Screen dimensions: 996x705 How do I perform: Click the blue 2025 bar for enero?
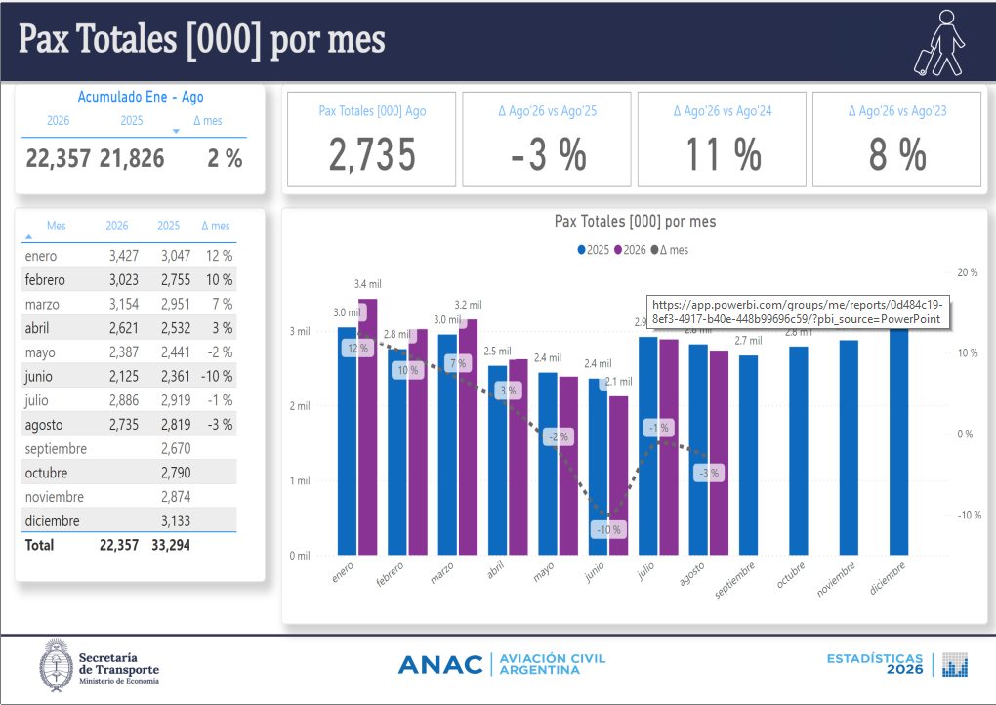coord(347,440)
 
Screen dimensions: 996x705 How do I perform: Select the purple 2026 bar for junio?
coord(619,476)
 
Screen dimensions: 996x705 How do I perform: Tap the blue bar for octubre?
coord(799,450)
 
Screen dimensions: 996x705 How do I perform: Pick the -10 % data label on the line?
coord(608,529)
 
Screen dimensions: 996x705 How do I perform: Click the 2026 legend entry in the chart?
coord(630,250)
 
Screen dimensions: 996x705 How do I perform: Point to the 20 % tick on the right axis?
coord(968,272)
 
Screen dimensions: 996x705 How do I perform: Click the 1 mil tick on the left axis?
coord(300,480)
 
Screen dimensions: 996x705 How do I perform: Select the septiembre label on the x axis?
coord(735,579)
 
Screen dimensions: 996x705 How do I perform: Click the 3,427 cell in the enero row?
coord(124,256)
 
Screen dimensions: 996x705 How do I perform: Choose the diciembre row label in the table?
coord(52,520)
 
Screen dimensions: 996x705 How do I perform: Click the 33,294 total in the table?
coord(171,545)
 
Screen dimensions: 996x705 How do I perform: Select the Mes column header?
coord(56,226)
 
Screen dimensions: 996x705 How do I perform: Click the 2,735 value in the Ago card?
coord(372,154)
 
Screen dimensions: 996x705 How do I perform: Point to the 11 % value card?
coord(723,139)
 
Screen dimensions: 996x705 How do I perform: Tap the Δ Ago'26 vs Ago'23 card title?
coord(897,111)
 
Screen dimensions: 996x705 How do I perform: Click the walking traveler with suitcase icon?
coord(940,43)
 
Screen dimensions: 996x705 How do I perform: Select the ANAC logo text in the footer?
coord(440,665)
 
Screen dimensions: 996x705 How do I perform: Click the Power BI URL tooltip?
coord(798,311)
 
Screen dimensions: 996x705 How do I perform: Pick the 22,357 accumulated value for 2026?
coord(59,158)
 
